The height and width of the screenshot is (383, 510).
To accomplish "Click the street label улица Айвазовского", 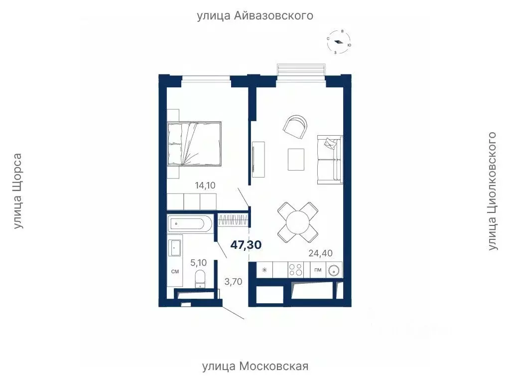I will (255, 16).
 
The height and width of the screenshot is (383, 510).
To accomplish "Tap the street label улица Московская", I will (255, 367).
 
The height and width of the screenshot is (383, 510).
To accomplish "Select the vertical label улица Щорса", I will (18, 191).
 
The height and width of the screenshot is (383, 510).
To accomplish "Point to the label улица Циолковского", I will (492, 191).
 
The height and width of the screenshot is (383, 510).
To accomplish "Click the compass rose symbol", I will (339, 42).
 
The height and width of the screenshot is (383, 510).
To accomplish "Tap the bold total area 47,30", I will (246, 245).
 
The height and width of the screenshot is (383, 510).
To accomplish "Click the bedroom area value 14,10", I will (205, 186).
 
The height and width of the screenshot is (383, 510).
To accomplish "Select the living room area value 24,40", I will (321, 253).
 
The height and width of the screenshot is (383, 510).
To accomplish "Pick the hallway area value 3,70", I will (233, 282).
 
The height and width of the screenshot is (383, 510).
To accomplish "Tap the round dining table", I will (298, 220).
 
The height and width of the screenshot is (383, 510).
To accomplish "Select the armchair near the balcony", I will (296, 127).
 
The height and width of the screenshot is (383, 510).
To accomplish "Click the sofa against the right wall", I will (330, 159).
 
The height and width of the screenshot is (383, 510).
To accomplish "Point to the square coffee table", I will (296, 160).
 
